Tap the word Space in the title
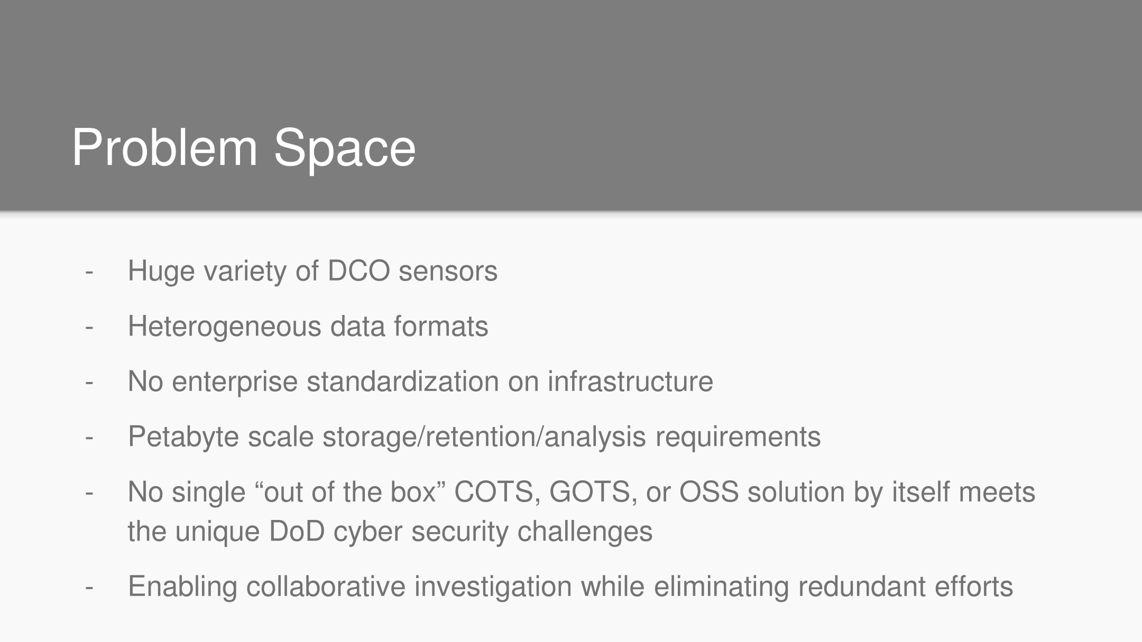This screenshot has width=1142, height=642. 345,152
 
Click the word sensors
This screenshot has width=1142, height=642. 448,272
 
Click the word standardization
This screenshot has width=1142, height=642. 402,381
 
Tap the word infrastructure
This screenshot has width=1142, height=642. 630,381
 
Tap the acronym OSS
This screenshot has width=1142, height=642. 708,492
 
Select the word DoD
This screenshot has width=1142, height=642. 297,531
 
